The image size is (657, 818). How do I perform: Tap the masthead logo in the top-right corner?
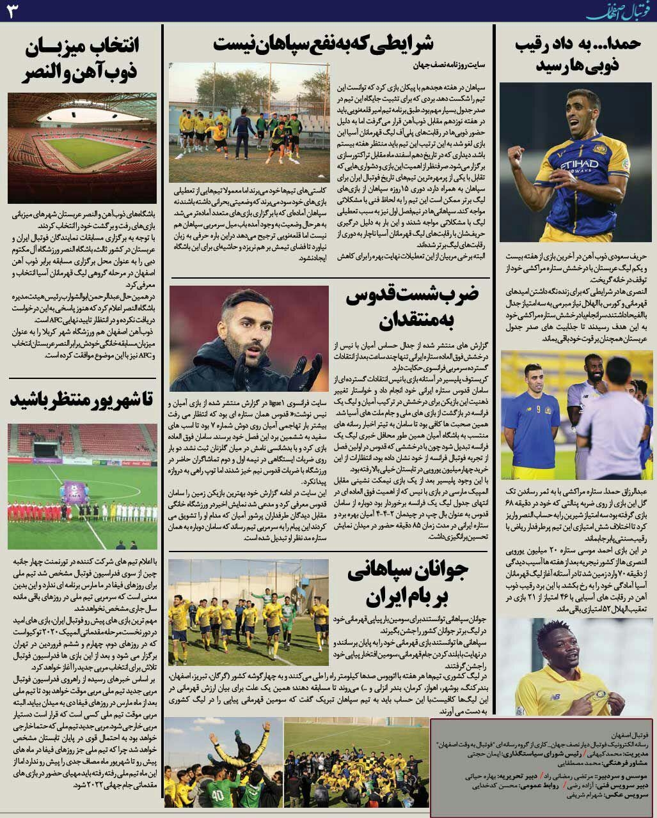(x=621, y=11)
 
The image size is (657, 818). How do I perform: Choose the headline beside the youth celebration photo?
(x=409, y=584)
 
